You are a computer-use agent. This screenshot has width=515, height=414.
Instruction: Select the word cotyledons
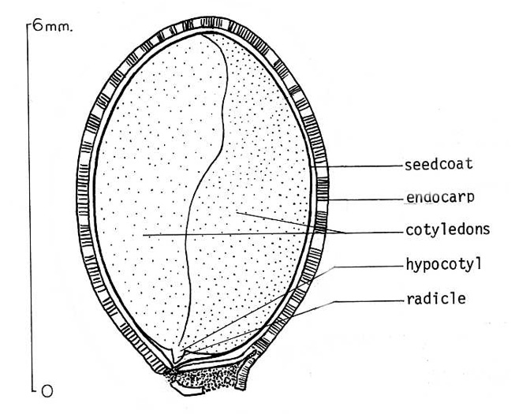click(x=445, y=230)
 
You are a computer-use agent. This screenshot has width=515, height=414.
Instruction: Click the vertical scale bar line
click(x=28, y=205)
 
